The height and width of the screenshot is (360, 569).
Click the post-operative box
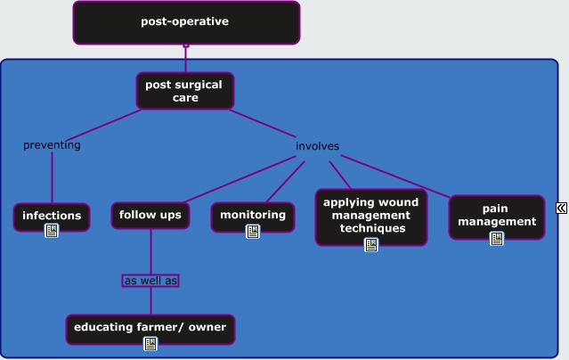(x=186, y=22)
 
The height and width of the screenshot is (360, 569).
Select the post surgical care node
(x=185, y=91)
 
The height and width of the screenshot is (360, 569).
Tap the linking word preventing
(x=52, y=145)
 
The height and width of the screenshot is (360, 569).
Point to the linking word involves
(x=318, y=146)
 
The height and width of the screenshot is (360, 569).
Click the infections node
(x=52, y=217)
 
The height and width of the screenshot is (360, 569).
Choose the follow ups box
(x=150, y=216)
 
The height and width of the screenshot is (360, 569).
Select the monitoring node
(x=253, y=217)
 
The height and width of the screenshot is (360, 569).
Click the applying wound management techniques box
(x=371, y=217)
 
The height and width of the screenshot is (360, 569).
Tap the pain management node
(x=497, y=217)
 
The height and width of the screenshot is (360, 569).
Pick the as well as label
(x=150, y=281)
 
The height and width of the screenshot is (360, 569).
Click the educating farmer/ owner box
(x=150, y=330)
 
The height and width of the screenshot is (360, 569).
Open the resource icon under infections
(x=52, y=231)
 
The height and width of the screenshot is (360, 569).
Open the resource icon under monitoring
(x=253, y=232)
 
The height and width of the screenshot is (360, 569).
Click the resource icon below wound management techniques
(x=370, y=245)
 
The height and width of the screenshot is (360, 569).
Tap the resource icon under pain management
(x=497, y=239)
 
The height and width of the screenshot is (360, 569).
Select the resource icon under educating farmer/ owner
(x=150, y=344)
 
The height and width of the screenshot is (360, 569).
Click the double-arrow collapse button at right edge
(x=561, y=209)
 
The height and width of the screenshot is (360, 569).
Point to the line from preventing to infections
(x=53, y=177)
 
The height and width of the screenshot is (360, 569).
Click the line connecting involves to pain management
(x=395, y=176)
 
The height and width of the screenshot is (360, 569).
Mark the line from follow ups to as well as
(x=150, y=252)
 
